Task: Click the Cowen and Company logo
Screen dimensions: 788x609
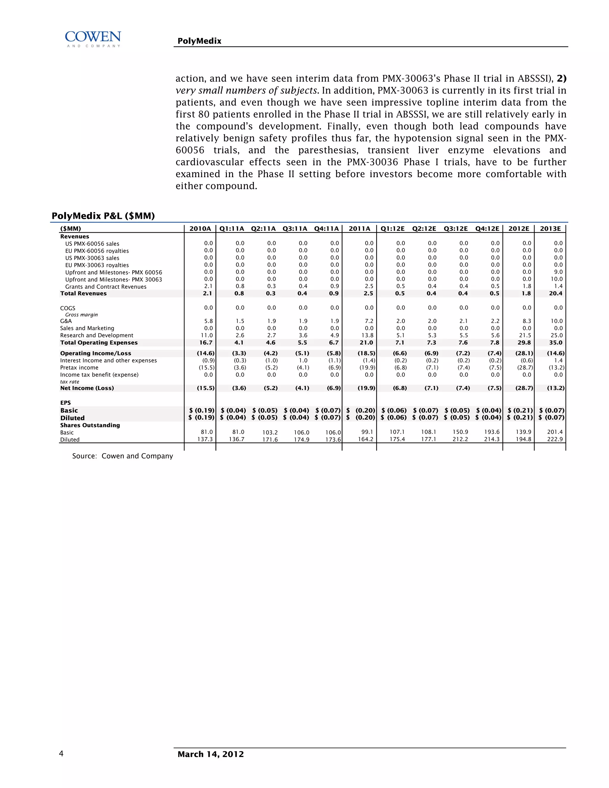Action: tap(93, 39)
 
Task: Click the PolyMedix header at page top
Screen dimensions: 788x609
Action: tap(199, 41)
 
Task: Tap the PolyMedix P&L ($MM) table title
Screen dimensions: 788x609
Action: tap(103, 216)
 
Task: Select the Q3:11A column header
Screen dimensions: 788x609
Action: tap(295, 228)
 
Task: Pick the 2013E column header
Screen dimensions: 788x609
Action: tap(550, 228)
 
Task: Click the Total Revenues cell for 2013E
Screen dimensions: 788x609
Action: tap(555, 293)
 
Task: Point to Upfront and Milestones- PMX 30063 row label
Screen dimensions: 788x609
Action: tap(113, 280)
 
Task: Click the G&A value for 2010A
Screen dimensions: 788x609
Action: tap(208, 321)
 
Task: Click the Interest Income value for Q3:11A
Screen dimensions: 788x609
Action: tap(303, 360)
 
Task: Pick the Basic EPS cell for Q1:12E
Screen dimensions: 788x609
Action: tap(394, 410)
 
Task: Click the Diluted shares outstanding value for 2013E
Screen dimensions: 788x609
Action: tap(555, 439)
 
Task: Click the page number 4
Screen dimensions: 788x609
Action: tap(61, 754)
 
